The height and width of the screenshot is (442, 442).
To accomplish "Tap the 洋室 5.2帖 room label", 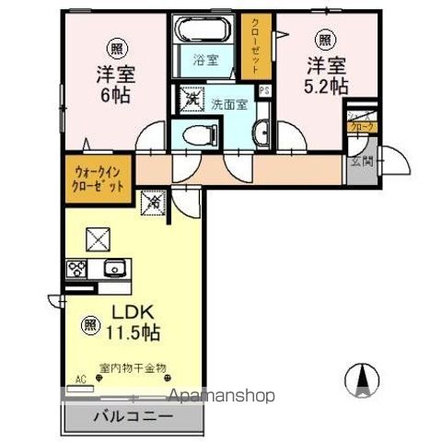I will tap(327, 76).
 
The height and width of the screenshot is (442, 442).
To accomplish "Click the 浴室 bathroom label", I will tap(204, 60).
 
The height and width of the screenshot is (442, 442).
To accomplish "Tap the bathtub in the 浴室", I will tap(204, 31).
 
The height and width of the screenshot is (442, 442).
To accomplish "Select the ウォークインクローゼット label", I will tap(97, 177).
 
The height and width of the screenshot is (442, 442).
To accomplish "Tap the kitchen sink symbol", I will tap(114, 270).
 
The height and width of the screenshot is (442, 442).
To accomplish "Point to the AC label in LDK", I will tap(79, 378).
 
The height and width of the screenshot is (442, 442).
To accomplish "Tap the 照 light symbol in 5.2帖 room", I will tap(325, 39).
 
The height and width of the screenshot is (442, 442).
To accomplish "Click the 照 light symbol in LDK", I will tap(90, 324).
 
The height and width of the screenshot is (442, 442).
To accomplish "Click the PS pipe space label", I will tap(264, 89).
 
